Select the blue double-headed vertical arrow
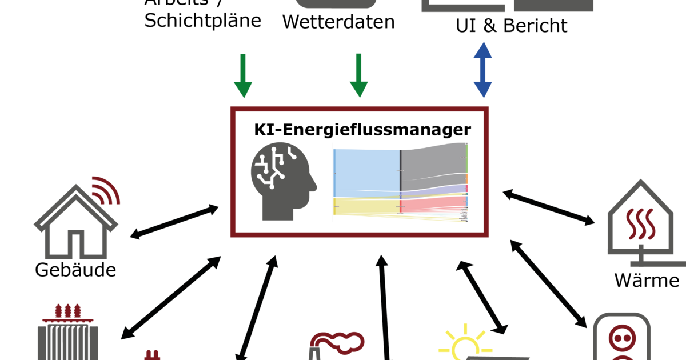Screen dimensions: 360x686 tap(482, 69)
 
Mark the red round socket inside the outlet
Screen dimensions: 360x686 tap(621, 335)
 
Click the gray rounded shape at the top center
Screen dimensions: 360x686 tap(336, 4)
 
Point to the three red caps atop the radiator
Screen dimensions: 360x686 tap(67, 311)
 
